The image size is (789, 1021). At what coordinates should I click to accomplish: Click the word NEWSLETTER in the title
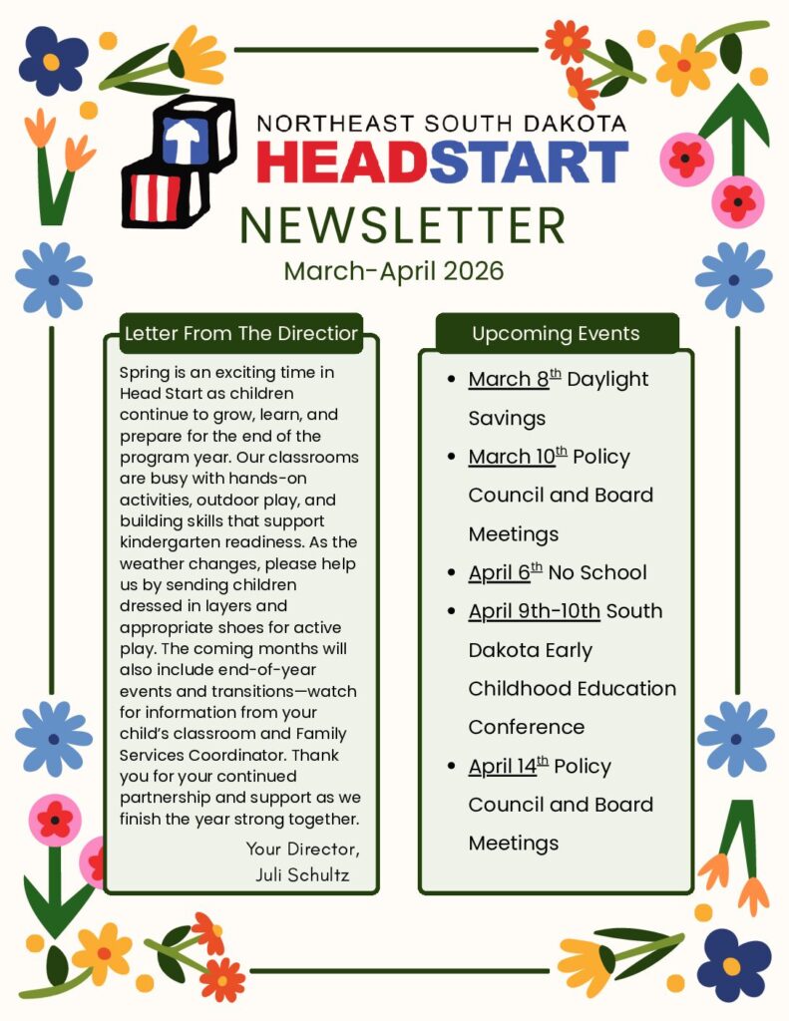pos(402,225)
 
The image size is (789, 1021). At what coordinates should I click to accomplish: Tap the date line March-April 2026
pos(394,271)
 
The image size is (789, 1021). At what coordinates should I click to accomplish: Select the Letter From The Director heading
pos(240,334)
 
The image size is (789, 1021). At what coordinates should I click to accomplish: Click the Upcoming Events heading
pos(556,334)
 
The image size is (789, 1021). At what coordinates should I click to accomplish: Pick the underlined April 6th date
pos(506,572)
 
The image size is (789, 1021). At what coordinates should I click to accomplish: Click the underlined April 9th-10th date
pos(534,611)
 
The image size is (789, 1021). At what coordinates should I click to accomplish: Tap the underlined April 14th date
pos(509,766)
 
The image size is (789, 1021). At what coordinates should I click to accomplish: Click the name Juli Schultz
pos(303,875)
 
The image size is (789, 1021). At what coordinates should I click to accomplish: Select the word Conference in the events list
pos(526,727)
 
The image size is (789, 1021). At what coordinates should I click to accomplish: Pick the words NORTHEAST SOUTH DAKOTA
pos(442,124)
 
